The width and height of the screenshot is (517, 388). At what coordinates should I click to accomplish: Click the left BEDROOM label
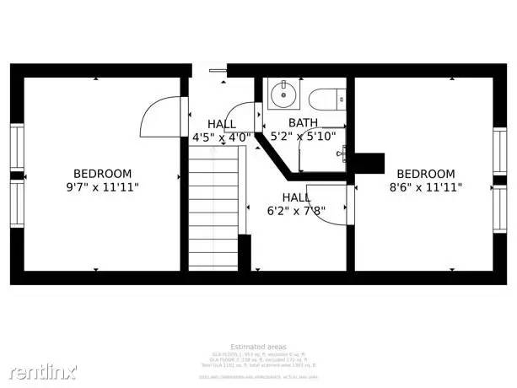(102, 174)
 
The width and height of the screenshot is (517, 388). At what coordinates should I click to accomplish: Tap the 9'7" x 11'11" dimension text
(102, 187)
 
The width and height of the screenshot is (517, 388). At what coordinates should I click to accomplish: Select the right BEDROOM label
(426, 174)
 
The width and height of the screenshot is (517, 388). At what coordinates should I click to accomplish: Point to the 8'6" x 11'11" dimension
(426, 187)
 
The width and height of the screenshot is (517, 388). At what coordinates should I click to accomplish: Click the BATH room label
(303, 122)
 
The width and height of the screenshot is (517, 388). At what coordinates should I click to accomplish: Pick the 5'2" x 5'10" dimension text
(303, 136)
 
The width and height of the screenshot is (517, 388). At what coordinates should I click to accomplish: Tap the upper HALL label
(222, 124)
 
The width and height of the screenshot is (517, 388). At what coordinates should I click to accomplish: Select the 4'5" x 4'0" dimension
(222, 137)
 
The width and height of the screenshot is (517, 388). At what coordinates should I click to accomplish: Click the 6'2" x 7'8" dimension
(296, 210)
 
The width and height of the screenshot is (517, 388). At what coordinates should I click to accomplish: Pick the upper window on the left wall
(17, 148)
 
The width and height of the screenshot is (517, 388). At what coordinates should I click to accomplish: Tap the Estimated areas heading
(258, 347)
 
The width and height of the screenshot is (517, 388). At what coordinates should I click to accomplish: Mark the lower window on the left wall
(17, 205)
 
